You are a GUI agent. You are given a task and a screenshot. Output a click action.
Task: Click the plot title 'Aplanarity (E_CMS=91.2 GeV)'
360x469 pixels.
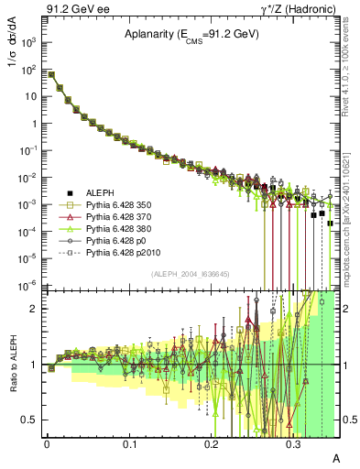[x=191, y=35]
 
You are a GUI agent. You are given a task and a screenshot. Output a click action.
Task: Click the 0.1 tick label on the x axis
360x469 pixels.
[x=129, y=443]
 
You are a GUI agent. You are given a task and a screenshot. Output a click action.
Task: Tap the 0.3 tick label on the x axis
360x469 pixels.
[x=293, y=443]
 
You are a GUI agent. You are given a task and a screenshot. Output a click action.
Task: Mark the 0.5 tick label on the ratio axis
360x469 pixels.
[x=32, y=420]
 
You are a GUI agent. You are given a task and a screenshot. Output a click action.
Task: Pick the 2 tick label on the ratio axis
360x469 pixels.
[x=36, y=309]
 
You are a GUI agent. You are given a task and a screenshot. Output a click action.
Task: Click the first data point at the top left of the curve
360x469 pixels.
[x=51, y=74]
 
